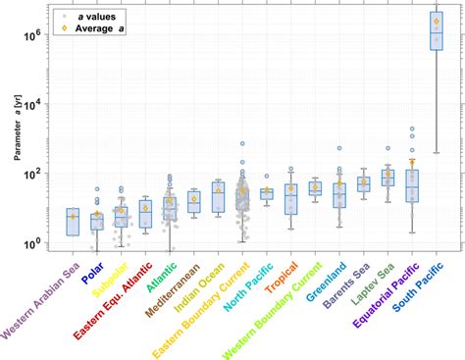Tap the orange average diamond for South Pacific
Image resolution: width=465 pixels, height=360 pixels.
(x=437, y=21)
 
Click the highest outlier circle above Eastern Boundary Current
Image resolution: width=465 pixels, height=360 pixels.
(x=242, y=144)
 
